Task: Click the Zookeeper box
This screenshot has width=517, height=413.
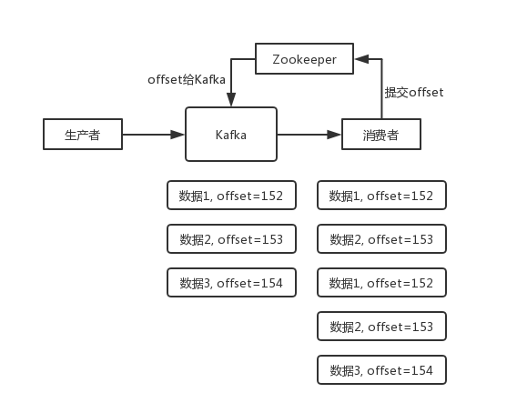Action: pos(304,60)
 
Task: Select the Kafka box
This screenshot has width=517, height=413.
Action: pos(231,135)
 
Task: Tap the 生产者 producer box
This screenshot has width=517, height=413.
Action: pos(82,135)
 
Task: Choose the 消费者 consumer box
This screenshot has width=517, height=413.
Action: pos(381,136)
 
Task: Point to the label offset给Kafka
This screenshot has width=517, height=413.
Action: pos(187,80)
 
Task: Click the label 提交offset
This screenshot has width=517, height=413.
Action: pos(413,93)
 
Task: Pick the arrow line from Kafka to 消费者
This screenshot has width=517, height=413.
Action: pos(306,135)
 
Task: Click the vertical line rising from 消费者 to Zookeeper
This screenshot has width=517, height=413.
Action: pos(381,91)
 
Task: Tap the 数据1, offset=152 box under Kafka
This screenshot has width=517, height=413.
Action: pos(231,196)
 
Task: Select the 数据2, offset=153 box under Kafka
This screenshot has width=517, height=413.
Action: pos(231,239)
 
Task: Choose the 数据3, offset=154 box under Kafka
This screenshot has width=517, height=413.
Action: pos(231,283)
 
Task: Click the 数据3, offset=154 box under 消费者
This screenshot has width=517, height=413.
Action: pos(381,369)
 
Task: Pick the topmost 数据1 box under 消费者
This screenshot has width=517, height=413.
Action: pos(381,196)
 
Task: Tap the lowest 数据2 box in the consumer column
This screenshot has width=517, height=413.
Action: pos(381,326)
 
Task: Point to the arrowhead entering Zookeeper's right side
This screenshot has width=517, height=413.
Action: pos(360,60)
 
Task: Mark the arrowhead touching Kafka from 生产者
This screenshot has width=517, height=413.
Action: pos(179,135)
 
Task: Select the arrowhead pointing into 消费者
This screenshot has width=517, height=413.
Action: pos(334,135)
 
